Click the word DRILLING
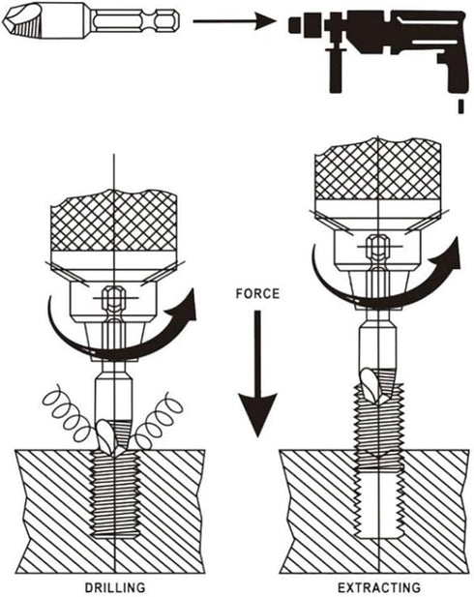114,587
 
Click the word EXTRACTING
379,587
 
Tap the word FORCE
257,293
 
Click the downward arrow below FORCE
257,373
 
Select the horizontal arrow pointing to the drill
234,21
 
